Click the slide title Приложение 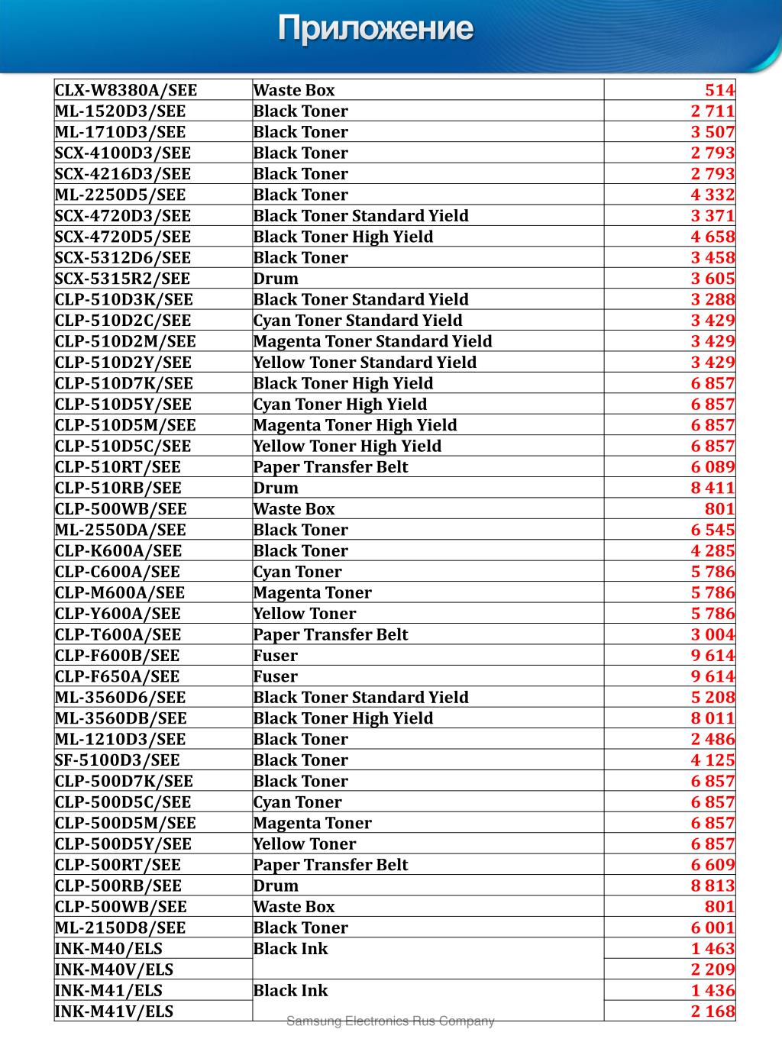(375, 29)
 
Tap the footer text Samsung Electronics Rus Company (390, 1021)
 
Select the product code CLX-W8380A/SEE (126, 90)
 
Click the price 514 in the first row (719, 90)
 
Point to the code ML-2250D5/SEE (121, 195)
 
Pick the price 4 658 (713, 237)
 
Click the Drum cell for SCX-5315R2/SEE (276, 279)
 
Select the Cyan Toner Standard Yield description (357, 321)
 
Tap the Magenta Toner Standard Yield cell (373, 341)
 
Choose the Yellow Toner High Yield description (347, 446)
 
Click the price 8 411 (713, 488)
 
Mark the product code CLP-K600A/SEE (118, 550)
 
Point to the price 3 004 (713, 634)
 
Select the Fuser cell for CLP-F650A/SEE (276, 676)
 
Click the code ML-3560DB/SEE (121, 718)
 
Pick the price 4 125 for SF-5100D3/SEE (713, 760)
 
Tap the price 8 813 (713, 886)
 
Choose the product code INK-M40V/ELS (114, 969)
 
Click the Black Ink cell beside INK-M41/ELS (290, 991)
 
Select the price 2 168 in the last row (713, 1011)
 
